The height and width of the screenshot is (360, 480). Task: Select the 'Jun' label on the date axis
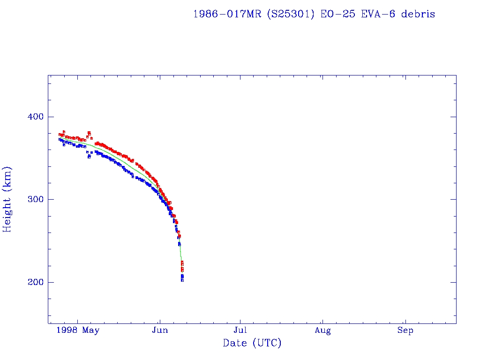point(160,331)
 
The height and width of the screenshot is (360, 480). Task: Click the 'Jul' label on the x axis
point(240,331)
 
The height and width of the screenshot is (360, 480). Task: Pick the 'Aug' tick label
point(322,331)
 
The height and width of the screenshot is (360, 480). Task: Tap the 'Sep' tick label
point(405,331)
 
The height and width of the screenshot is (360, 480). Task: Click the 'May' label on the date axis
point(91,331)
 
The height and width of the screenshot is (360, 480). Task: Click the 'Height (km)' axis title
point(7,199)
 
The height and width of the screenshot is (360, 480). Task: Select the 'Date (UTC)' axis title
point(252,344)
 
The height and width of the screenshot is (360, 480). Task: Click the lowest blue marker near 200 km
point(182,280)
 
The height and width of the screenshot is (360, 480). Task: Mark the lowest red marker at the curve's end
point(182,270)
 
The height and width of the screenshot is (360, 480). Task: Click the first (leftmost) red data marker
point(60,135)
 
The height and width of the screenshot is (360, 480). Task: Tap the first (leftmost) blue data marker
point(60,139)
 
